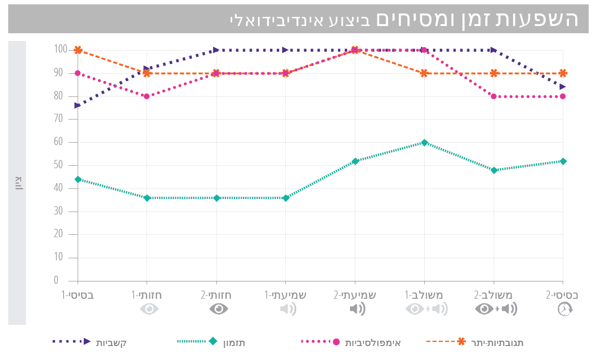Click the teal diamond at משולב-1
click(x=424, y=143)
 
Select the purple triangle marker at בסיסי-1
click(x=78, y=105)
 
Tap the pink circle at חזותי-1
click(x=147, y=96)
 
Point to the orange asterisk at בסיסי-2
click(x=563, y=73)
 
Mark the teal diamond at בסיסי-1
click(x=78, y=179)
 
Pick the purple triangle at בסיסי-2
click(x=563, y=87)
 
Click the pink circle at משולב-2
click(x=494, y=96)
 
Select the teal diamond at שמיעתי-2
click(x=355, y=161)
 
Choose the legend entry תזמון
click(x=234, y=343)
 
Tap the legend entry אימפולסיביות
click(x=373, y=343)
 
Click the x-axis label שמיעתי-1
click(x=285, y=294)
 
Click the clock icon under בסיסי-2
click(x=565, y=309)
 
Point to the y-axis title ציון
click(x=18, y=183)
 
